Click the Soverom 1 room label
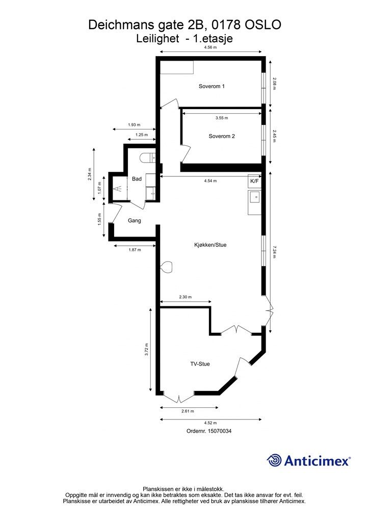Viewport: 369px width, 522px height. click(212, 86)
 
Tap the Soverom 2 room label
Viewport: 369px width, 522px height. click(222, 136)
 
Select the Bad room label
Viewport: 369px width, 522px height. click(137, 179)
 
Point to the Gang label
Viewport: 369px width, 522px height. click(135, 220)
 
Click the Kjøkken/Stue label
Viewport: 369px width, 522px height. click(210, 245)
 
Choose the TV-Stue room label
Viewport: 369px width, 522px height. click(200, 364)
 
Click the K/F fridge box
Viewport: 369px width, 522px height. click(254, 181)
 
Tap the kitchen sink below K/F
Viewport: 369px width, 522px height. click(254, 197)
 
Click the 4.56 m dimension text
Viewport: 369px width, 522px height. click(210, 47)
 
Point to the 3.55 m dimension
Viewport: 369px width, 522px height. click(222, 118)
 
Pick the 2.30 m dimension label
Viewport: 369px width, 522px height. click(186, 297)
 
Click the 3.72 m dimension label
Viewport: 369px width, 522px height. click(146, 350)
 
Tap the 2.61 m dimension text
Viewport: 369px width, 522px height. click(188, 411)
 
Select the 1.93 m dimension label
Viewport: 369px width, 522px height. click(134, 125)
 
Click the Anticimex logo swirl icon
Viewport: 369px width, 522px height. click(274, 460)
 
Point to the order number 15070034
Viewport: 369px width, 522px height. click(220, 431)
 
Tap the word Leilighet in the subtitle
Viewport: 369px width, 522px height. click(157, 39)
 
